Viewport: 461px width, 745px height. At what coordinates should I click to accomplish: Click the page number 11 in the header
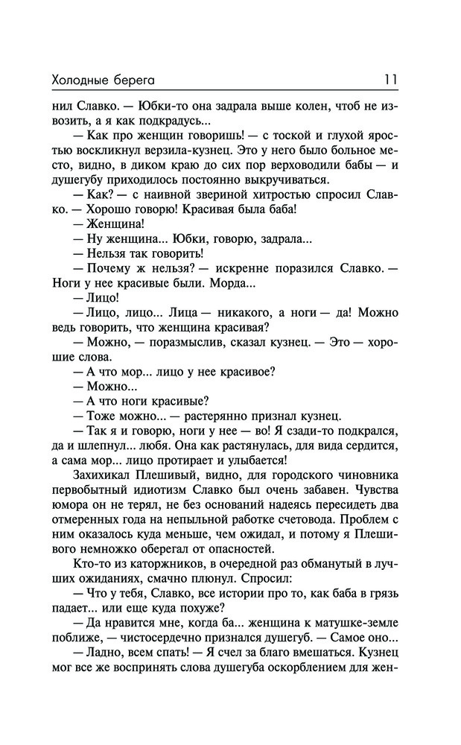tap(390, 77)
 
